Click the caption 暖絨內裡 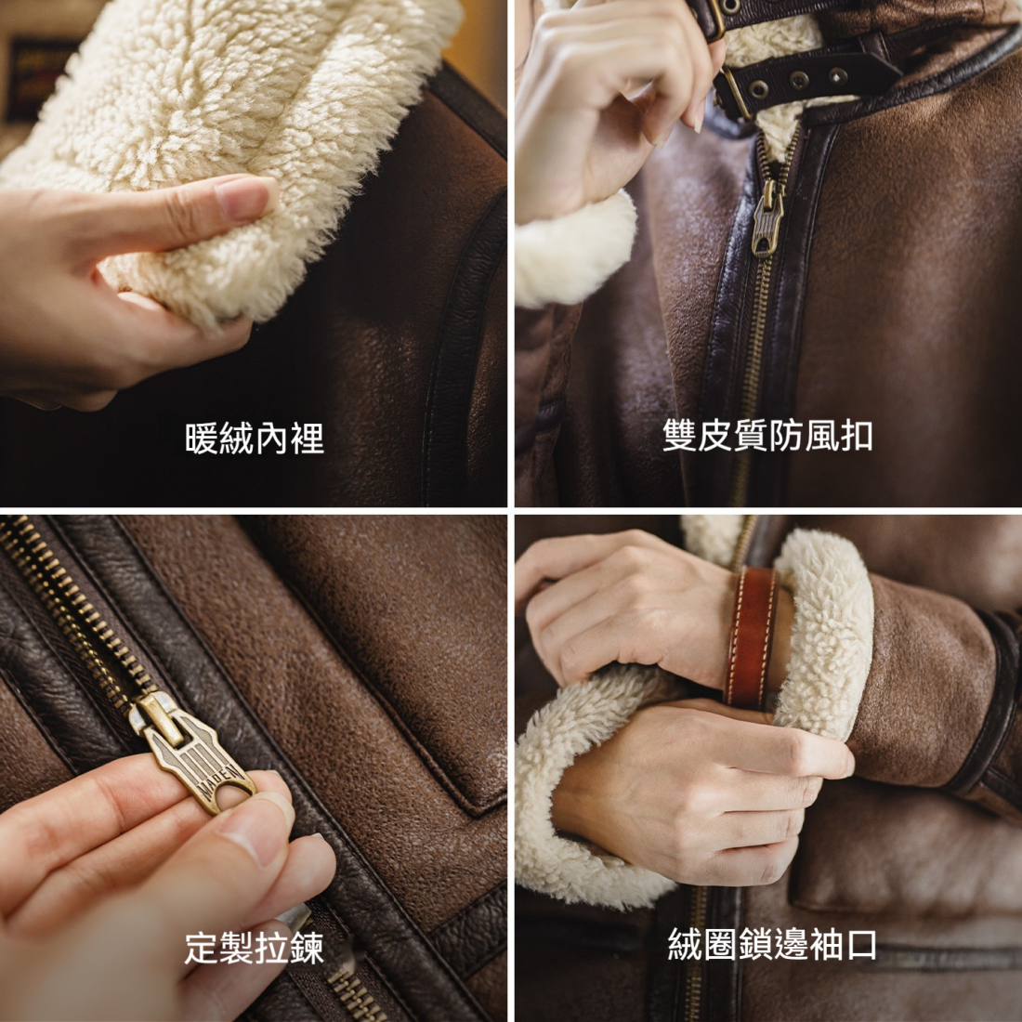click(x=254, y=438)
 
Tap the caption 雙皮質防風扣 click(x=767, y=435)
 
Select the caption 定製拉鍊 click(x=254, y=948)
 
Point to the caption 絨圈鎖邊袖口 click(x=771, y=944)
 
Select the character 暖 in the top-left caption click(x=202, y=438)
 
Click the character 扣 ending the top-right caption click(x=856, y=435)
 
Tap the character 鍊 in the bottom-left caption click(x=307, y=948)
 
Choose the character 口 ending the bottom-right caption click(x=861, y=944)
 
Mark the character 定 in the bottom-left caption click(x=201, y=948)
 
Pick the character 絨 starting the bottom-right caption click(x=685, y=944)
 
